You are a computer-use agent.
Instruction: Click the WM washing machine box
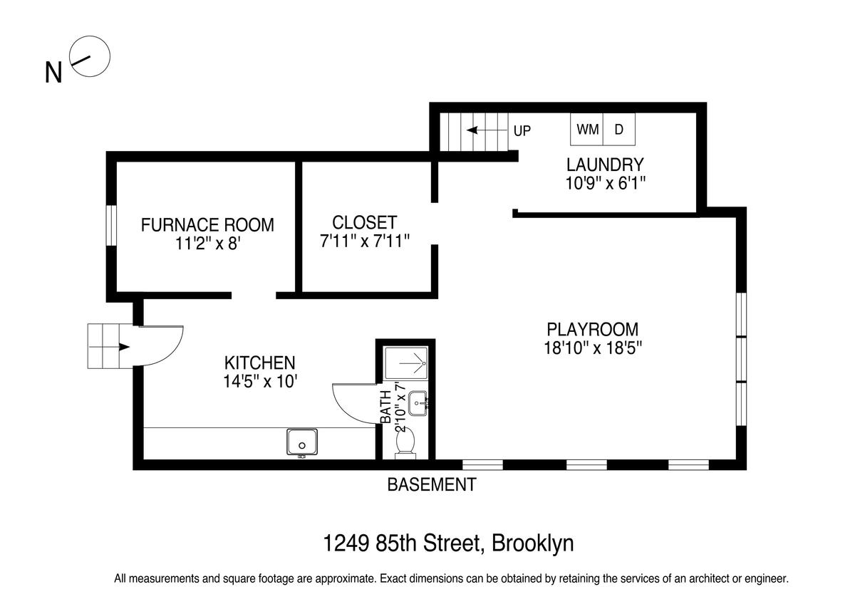586,130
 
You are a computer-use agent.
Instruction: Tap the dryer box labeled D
619,130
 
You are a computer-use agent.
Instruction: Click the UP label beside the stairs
522,131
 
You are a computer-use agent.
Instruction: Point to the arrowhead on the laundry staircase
472,130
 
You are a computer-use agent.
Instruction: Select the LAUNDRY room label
605,165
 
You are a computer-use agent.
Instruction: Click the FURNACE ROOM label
207,225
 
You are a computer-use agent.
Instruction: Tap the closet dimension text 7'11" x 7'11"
365,241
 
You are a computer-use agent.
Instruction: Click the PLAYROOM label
593,329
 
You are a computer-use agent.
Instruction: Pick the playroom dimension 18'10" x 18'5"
593,348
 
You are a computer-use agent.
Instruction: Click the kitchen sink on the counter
302,442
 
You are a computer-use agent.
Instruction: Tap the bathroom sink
418,403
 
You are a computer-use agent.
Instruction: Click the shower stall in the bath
405,363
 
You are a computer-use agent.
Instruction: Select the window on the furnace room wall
111,226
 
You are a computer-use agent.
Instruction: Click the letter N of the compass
53,73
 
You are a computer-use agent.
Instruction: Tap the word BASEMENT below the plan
432,485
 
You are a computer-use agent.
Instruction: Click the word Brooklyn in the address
532,543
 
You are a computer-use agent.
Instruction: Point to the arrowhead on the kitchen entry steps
125,347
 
